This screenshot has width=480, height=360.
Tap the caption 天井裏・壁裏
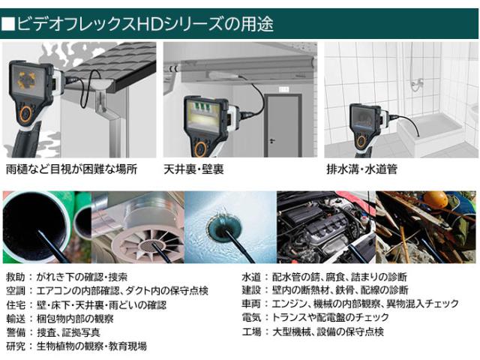tap(197, 169)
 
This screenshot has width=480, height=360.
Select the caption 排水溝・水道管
tap(361, 169)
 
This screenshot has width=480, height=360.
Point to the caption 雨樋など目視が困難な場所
tap(71, 169)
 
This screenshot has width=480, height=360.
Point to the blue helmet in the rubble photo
tap(436, 202)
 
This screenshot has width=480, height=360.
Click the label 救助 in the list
tap(14, 277)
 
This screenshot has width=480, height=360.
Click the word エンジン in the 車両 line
tap(294, 304)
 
